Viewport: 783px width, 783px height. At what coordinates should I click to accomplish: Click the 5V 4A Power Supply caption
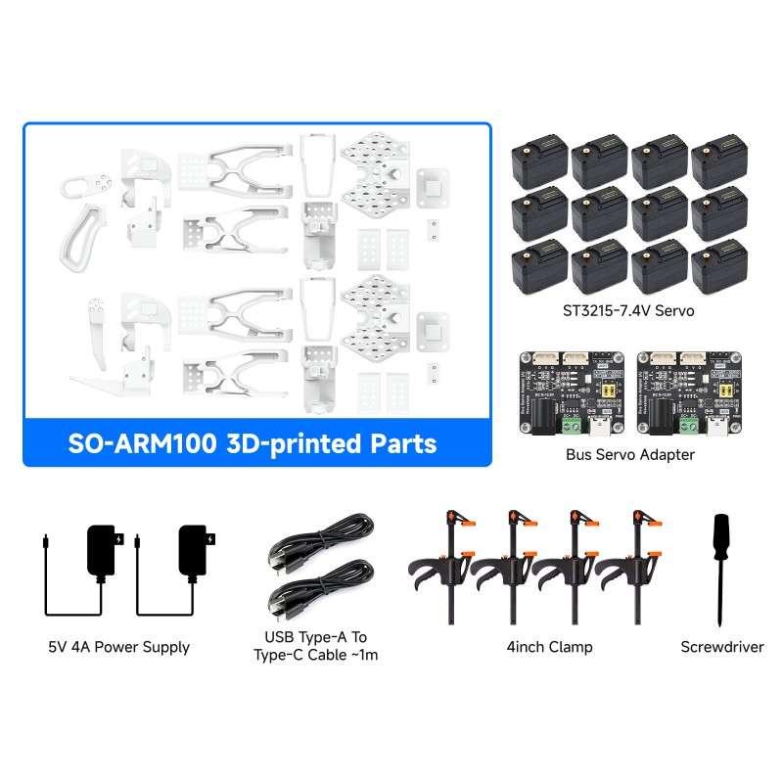pos(118,647)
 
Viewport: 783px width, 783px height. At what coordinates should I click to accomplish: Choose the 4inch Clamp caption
pos(549,647)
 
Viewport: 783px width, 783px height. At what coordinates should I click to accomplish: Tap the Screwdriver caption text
pos(722,647)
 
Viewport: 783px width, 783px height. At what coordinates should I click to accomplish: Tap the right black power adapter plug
pos(196,550)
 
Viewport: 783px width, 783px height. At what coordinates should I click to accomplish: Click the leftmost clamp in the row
pos(445,568)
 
